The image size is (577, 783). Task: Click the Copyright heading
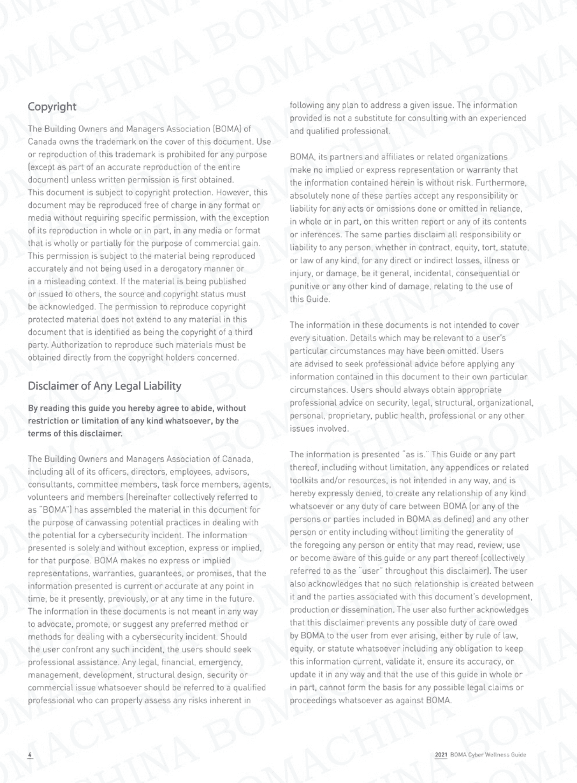click(52, 107)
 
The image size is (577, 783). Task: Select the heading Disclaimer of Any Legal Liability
click(105, 386)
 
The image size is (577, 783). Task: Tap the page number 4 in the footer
click(30, 754)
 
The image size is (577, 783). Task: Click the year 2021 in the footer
click(441, 755)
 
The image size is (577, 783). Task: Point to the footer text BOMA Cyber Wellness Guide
click(488, 755)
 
